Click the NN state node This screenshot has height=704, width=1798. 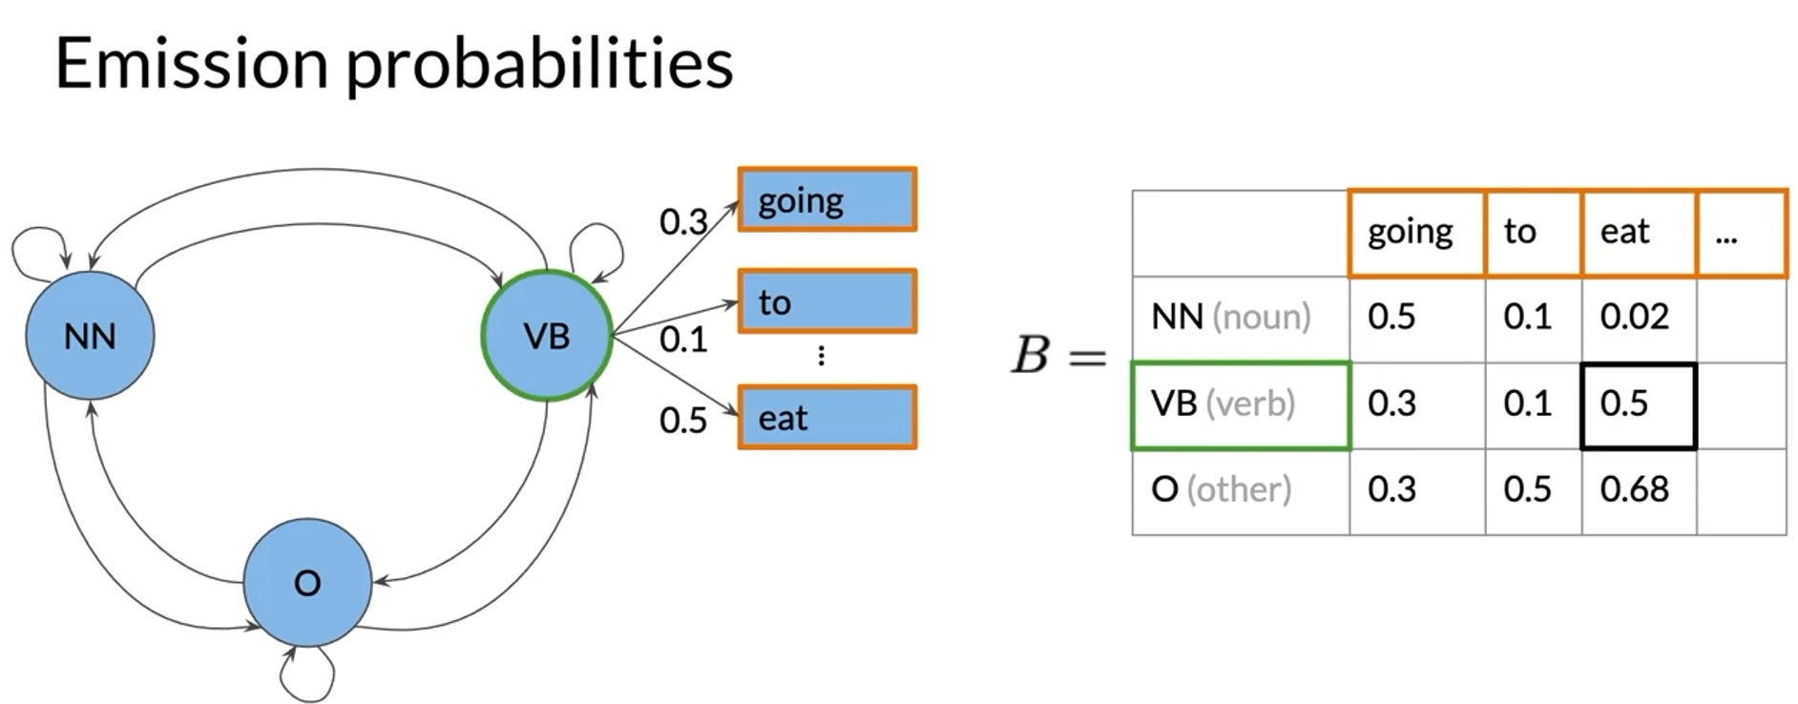[x=90, y=336]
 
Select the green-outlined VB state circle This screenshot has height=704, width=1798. [x=547, y=336]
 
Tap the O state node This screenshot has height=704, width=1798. [x=307, y=583]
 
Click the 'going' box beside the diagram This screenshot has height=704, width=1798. [x=826, y=200]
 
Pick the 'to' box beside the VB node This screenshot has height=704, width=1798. [x=826, y=301]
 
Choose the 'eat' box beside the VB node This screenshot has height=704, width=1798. [x=826, y=418]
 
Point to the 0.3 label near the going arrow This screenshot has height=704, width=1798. [x=682, y=222]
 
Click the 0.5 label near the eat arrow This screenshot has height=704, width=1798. [x=682, y=421]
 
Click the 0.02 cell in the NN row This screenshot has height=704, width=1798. [x=1638, y=318]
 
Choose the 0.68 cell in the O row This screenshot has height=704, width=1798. [x=1638, y=490]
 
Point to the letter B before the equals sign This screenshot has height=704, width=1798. [x=1031, y=356]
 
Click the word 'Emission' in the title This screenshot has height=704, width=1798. [x=191, y=64]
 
